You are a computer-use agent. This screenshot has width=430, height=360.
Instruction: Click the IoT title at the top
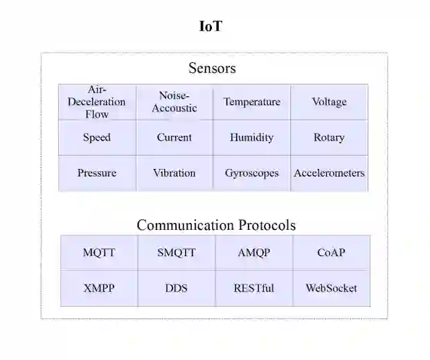coord(210,27)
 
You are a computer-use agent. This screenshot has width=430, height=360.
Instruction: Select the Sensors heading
coord(212,68)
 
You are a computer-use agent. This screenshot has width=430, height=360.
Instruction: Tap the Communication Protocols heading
coord(215,225)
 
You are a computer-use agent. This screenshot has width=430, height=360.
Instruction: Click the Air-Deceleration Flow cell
coord(97,102)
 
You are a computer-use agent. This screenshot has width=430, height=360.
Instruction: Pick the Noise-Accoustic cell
coord(174,102)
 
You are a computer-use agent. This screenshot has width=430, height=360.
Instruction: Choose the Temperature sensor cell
coord(251,102)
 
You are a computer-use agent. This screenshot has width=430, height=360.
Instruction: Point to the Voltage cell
coord(329,102)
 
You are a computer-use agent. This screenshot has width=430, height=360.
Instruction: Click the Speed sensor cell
coord(97,137)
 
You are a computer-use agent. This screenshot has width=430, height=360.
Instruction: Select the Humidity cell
coord(251,137)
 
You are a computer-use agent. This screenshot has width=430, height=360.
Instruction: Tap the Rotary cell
coord(329,137)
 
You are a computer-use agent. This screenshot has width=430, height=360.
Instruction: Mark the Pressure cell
coord(97,173)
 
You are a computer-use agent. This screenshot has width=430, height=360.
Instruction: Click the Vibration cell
coord(174,173)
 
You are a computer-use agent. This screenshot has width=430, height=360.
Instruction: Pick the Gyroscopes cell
coord(251,173)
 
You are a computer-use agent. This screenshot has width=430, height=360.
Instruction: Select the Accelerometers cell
coord(329,173)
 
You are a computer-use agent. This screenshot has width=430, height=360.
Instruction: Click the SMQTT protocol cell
coord(177,253)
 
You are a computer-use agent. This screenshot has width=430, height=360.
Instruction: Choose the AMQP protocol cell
coord(253,253)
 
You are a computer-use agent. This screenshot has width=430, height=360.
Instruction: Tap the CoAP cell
coord(331,253)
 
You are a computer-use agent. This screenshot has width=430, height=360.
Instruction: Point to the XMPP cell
coord(99,288)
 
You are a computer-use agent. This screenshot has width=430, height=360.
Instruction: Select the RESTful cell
coord(253,288)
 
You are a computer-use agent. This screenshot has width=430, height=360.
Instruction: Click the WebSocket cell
coord(331,288)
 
